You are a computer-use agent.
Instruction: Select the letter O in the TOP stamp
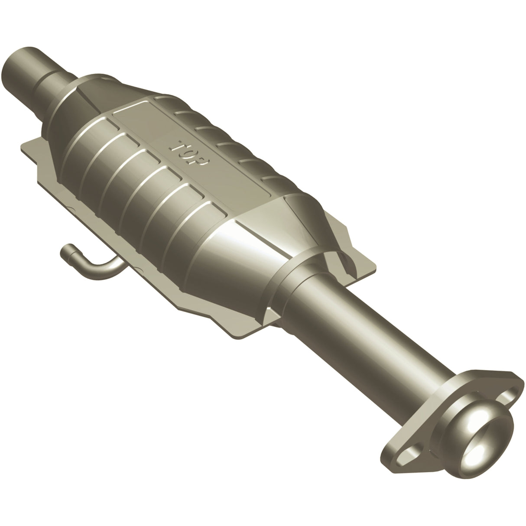click(x=190, y=152)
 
